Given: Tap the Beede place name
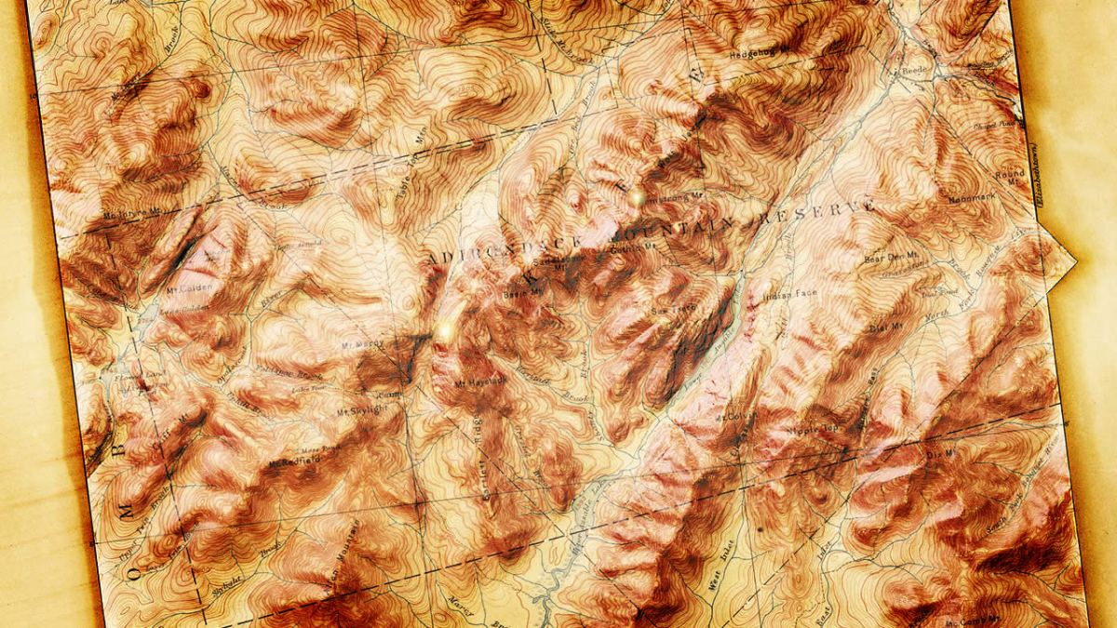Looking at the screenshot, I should click(x=912, y=71).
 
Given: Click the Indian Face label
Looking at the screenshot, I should click(x=789, y=295).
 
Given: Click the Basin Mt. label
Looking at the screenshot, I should click(x=521, y=293).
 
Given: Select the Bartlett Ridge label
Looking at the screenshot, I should click(x=489, y=470).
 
